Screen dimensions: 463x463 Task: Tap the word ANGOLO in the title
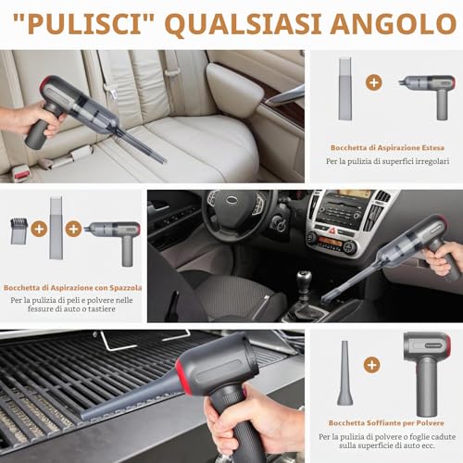pyautogui.click(x=394, y=24)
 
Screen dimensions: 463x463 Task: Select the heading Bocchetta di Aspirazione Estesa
pyautogui.click(x=387, y=148)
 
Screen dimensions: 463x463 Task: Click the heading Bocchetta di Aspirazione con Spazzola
pyautogui.click(x=73, y=288)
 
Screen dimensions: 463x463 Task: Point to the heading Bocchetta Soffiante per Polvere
pyautogui.click(x=386, y=423)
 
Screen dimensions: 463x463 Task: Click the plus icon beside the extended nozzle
pyautogui.click(x=374, y=82)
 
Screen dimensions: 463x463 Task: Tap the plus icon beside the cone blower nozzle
pyautogui.click(x=371, y=365)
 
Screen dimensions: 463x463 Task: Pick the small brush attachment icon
pyautogui.click(x=19, y=231)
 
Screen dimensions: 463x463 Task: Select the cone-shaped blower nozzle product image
pyautogui.click(x=344, y=373)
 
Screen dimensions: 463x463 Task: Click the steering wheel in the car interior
pyautogui.click(x=236, y=213)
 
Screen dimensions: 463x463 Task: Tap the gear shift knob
pyautogui.click(x=304, y=279)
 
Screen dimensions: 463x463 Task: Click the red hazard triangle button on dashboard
pyautogui.click(x=332, y=231)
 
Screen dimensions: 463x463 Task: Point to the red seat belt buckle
pyautogui.click(x=21, y=174)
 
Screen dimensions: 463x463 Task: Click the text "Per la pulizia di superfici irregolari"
pyautogui.click(x=388, y=161)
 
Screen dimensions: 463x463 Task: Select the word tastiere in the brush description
pyautogui.click(x=102, y=309)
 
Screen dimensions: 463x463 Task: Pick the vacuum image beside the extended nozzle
pyautogui.click(x=429, y=96)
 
